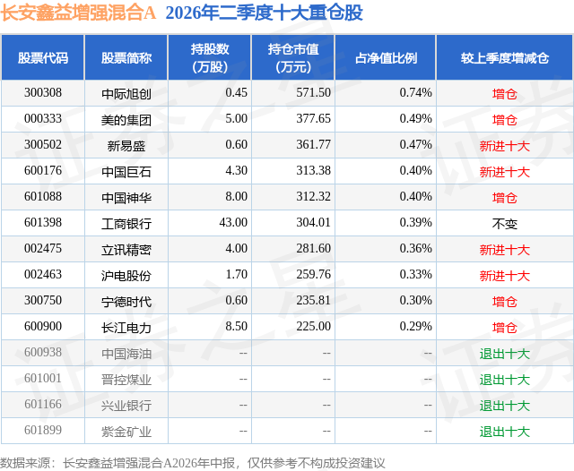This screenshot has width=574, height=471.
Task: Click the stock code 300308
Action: point(43,93)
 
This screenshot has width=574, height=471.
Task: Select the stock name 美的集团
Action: point(126,120)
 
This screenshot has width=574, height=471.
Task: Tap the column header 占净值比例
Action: point(386,57)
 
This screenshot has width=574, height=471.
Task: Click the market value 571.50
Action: point(313,93)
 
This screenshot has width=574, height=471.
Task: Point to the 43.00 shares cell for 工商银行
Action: point(233,223)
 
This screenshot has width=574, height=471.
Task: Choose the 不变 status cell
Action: point(504,224)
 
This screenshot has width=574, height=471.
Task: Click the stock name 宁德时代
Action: point(126,302)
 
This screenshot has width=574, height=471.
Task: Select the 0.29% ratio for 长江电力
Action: point(415,326)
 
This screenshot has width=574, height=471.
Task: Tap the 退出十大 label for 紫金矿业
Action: point(504,432)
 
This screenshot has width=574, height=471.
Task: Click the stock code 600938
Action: point(43,352)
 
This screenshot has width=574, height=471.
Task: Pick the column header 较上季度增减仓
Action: point(504,57)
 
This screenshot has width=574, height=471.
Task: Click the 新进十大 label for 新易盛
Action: point(504,146)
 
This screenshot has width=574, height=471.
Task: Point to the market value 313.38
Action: point(313,171)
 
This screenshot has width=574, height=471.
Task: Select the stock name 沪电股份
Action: point(126,276)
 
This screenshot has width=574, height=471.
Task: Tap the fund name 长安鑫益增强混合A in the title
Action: point(78,13)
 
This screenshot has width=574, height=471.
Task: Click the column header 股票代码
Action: point(43,57)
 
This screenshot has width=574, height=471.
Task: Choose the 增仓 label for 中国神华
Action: point(504,198)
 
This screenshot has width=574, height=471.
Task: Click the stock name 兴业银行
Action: point(126,406)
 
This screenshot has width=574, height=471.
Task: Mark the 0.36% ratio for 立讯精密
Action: point(415,248)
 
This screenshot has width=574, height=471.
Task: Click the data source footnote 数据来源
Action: point(25,463)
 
